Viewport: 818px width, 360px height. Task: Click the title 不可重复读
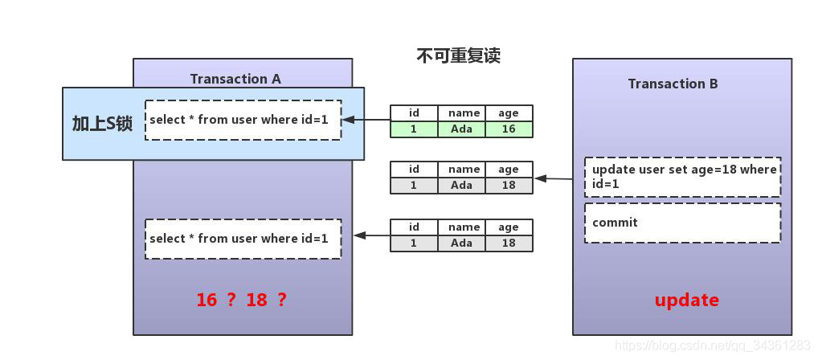pos(459,55)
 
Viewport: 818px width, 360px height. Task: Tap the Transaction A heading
pos(235,79)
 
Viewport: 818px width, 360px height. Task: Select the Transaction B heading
pos(673,84)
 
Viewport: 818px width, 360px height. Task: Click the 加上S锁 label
pos(102,124)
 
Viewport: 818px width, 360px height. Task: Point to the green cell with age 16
pos(509,129)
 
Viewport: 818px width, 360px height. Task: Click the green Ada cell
pos(461,129)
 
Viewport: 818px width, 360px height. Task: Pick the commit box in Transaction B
pos(682,223)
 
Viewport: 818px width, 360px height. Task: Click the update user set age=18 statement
pos(682,177)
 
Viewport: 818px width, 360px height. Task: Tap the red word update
pos(686,301)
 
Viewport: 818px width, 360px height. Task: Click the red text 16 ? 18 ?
pos(242,300)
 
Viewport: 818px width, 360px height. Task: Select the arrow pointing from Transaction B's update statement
pos(554,179)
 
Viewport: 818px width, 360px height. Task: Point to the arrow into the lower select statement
pos(372,235)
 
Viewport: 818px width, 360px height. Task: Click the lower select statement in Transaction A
pos(243,239)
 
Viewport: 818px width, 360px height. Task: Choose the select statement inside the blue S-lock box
pos(243,120)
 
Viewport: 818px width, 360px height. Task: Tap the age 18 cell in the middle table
pos(509,185)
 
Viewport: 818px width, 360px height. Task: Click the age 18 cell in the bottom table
pos(509,243)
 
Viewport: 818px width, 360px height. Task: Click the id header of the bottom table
pos(414,227)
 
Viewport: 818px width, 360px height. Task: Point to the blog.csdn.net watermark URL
pos(714,346)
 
